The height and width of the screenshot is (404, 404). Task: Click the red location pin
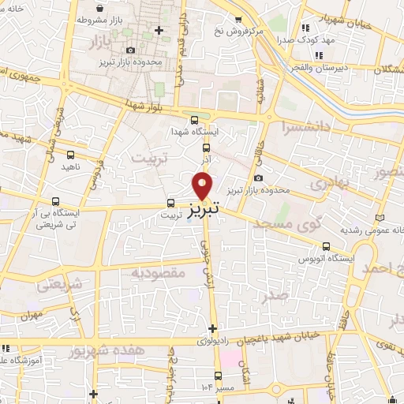(x=203, y=186)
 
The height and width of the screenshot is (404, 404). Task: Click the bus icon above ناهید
(x=71, y=155)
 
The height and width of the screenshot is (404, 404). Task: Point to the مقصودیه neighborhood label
(x=158, y=272)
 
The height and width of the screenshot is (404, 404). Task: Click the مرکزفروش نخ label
(x=231, y=32)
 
